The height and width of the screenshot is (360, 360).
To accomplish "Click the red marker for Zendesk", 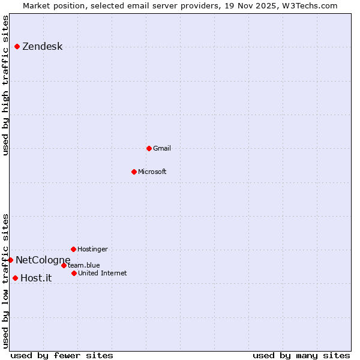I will tap(17, 47).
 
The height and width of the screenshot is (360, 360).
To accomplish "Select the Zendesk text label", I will tap(42, 47).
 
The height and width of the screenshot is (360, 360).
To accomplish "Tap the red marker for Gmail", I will tap(149, 148).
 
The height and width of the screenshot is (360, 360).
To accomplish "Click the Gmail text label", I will tap(162, 148).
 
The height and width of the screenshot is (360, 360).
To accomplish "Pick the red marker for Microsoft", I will tap(134, 172).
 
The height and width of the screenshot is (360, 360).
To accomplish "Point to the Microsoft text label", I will tap(152, 172).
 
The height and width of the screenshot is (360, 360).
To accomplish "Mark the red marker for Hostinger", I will tap(73, 249).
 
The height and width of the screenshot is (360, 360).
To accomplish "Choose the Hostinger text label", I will tap(92, 249).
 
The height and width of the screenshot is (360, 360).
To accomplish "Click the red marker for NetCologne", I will tap(10, 260).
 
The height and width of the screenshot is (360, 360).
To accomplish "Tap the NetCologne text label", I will tap(43, 260).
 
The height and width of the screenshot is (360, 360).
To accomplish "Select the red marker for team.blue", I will tap(64, 265).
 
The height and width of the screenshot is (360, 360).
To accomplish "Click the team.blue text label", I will tap(84, 265).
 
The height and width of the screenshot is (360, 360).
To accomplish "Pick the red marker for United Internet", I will tap(74, 273).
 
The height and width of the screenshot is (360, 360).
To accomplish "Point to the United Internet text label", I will tap(102, 273).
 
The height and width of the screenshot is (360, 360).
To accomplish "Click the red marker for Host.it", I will tap(15, 278).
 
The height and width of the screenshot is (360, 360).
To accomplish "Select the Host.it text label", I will tap(36, 278).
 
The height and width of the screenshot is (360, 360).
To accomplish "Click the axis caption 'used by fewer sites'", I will tap(62, 355).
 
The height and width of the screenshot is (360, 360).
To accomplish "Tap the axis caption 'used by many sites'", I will tap(301, 355).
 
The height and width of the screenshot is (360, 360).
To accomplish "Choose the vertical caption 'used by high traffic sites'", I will tap(6, 85).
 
